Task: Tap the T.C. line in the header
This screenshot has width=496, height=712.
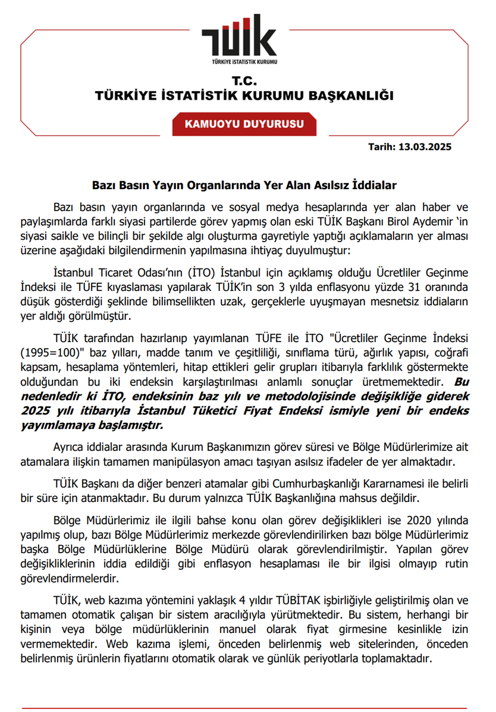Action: coord(244,81)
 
